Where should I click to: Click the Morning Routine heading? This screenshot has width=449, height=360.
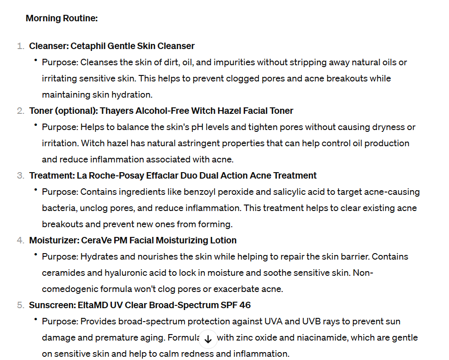(x=62, y=19)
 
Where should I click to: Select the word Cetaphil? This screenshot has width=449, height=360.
(x=88, y=46)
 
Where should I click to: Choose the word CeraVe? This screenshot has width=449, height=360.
(x=95, y=241)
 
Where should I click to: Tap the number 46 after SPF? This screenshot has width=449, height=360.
(x=245, y=305)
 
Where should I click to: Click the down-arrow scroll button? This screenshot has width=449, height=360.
(x=208, y=339)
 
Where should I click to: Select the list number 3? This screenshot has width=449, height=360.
(x=20, y=176)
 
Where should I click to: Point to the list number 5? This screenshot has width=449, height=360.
(x=20, y=305)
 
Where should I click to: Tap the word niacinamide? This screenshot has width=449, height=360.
(x=297, y=338)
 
